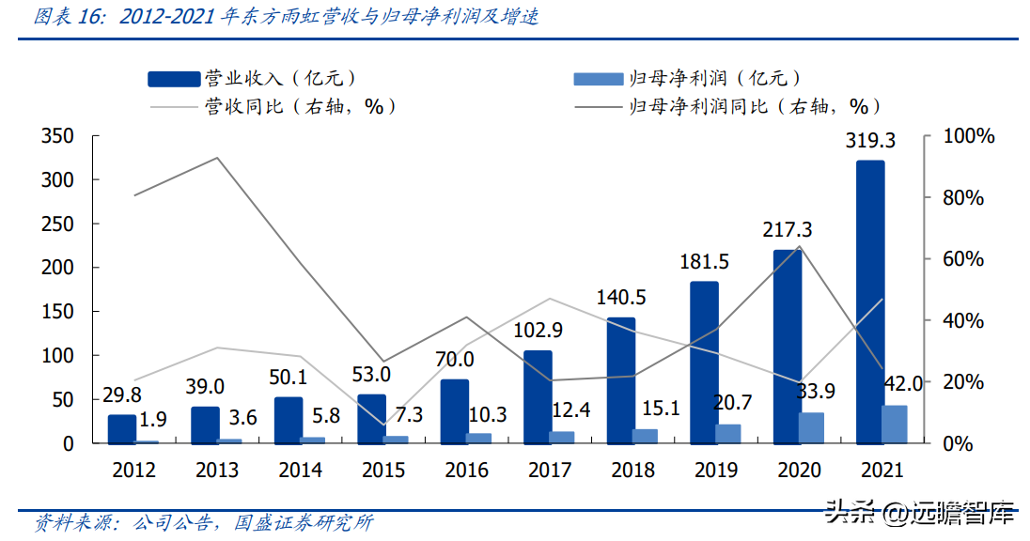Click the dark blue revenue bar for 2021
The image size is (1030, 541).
870,301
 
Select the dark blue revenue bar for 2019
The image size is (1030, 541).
704,362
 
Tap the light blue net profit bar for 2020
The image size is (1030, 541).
811,427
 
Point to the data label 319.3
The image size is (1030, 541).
870,141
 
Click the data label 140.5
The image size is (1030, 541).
621,298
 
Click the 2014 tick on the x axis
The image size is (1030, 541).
300,470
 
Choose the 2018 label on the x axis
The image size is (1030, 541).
632,470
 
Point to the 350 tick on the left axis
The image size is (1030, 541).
57,137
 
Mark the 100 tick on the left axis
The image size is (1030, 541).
57,356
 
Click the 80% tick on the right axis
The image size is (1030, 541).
962,198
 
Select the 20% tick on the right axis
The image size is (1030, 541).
962,383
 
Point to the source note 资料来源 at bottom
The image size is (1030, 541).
203,522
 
